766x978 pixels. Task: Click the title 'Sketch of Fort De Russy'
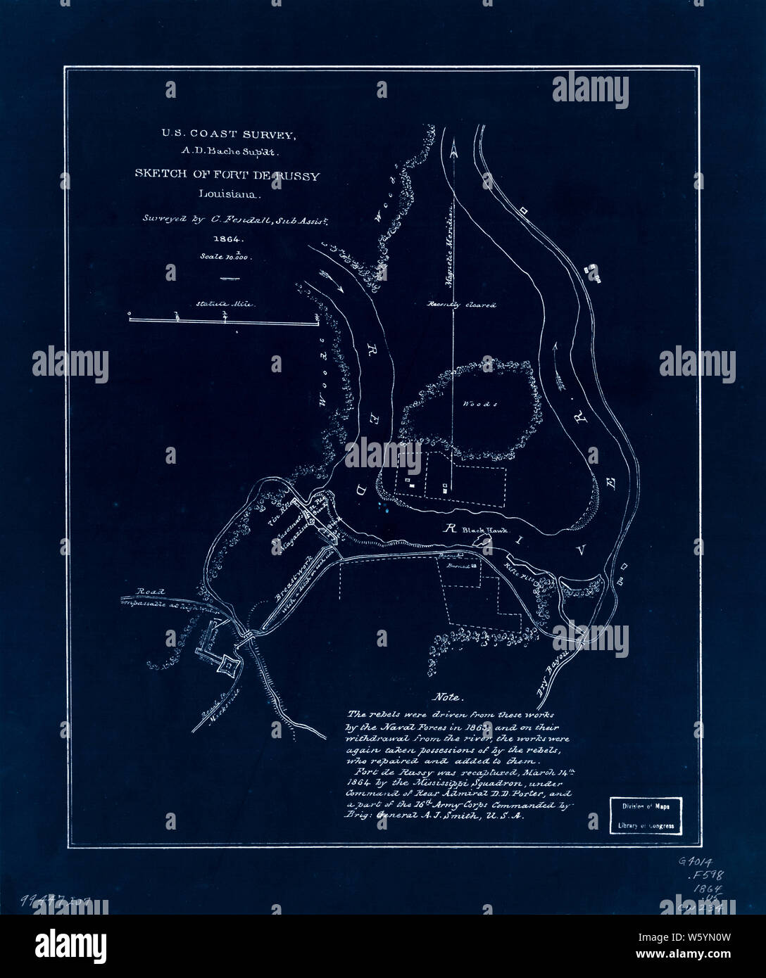coord(227,176)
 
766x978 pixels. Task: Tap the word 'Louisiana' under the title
coord(227,193)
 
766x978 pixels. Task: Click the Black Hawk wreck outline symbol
coord(484,541)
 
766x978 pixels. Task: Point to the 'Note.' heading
coord(448,698)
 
